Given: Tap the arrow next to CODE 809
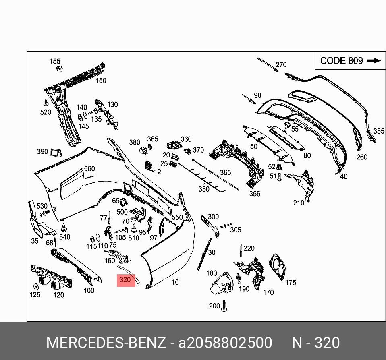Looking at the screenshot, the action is tap(374, 60).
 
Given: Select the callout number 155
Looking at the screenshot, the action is tap(55, 61).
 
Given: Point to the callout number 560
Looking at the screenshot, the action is tap(89, 169).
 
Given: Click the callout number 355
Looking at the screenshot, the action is tap(379, 131).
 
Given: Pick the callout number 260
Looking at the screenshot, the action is tap(362, 157).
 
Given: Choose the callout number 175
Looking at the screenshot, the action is tap(291, 283).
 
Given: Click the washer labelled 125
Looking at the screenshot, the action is tap(35, 287).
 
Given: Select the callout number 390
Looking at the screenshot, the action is tap(42, 152).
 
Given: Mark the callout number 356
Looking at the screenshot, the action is tap(255, 194).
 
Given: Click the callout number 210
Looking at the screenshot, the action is tap(299, 203).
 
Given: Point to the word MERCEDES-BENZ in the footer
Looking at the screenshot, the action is tap(106, 343).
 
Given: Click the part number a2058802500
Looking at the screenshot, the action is tap(225, 343).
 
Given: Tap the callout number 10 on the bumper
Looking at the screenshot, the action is tap(175, 282).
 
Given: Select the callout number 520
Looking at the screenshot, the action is tap(46, 112).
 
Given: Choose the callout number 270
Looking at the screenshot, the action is tap(281, 65).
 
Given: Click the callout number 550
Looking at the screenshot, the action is tap(177, 217).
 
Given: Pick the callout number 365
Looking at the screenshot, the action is tap(225, 172).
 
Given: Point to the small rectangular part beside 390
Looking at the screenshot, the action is tap(56, 152).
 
